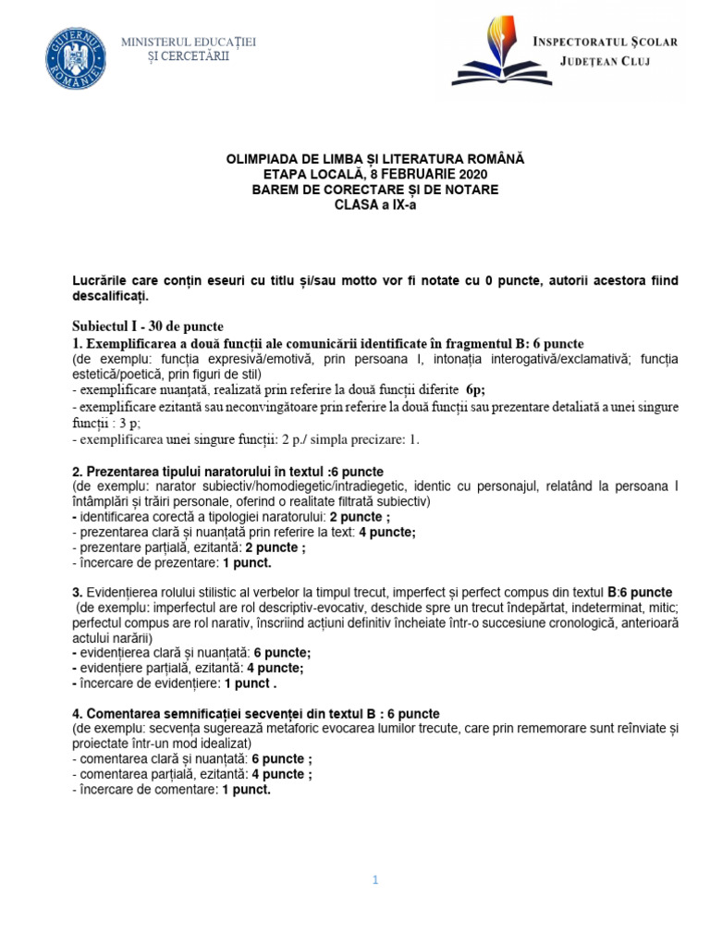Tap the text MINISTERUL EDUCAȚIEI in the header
coord(189,43)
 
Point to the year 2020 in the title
coord(471,174)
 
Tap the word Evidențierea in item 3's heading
coord(126,592)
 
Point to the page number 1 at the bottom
coord(375,880)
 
